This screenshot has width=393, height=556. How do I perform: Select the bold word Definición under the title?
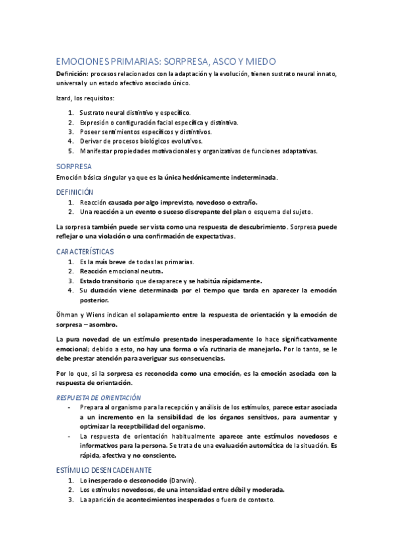point(72,73)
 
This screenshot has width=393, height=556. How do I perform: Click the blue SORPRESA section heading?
point(73,167)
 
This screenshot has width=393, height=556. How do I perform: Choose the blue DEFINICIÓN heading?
point(75,191)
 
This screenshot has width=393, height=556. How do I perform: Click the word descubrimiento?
point(260,226)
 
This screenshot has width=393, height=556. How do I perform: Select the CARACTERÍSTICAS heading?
point(85,251)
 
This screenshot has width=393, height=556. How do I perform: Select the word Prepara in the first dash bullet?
point(93,408)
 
